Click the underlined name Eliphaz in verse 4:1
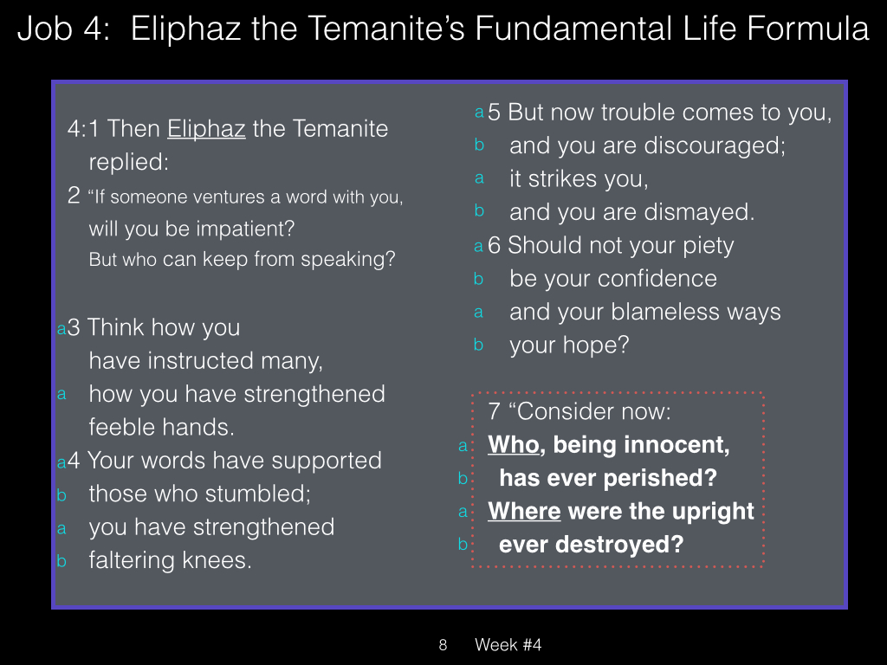206,130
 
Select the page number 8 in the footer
443,644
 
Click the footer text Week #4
508,644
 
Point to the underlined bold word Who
514,444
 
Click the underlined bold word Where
524,511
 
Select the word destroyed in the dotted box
619,545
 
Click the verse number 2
74,196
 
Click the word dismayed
699,213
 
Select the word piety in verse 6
709,246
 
